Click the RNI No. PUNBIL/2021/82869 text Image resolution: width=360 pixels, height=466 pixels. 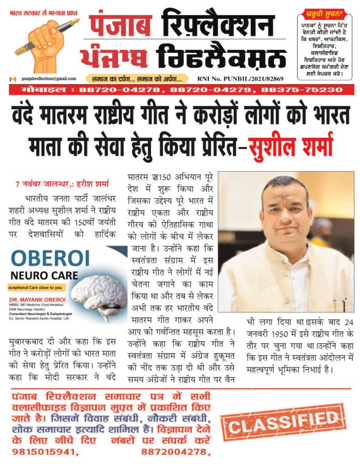[x=241, y=79]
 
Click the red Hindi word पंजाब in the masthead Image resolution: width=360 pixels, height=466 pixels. [x=120, y=25]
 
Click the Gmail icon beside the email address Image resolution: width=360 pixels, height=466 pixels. [x=12, y=79]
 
